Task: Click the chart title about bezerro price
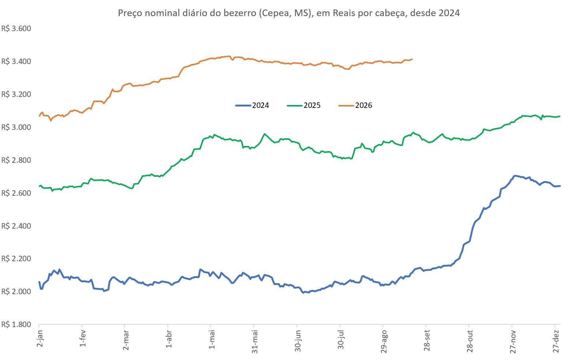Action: (289, 13)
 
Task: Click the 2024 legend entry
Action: (252, 105)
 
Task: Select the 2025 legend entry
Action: (304, 105)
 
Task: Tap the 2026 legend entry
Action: (355, 105)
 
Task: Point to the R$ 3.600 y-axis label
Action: (16, 29)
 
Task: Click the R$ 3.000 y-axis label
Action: (16, 127)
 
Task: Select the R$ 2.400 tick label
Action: (16, 226)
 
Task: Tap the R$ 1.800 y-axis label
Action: (16, 325)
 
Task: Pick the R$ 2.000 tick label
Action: (16, 292)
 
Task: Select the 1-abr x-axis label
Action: (169, 338)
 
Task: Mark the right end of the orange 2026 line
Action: (412, 59)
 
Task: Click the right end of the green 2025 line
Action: (560, 116)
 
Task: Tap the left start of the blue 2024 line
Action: (39, 282)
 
